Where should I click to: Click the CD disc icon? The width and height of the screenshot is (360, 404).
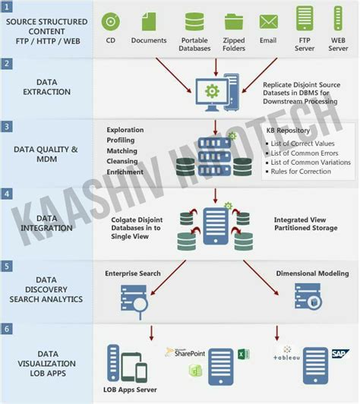tap(111, 21)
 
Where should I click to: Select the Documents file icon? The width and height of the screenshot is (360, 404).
tap(150, 21)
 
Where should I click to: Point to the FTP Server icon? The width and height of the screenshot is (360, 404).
tap(305, 18)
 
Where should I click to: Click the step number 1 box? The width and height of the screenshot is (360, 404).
tap(7, 7)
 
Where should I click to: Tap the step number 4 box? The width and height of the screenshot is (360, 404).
tap(7, 194)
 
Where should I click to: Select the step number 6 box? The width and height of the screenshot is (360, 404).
tap(7, 329)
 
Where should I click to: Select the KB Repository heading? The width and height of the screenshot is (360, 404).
tap(288, 130)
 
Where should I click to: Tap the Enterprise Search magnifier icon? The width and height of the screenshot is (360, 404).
tap(134, 298)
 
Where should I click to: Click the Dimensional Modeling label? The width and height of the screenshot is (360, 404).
tap(312, 273)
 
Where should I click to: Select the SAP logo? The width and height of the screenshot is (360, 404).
tap(340, 354)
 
